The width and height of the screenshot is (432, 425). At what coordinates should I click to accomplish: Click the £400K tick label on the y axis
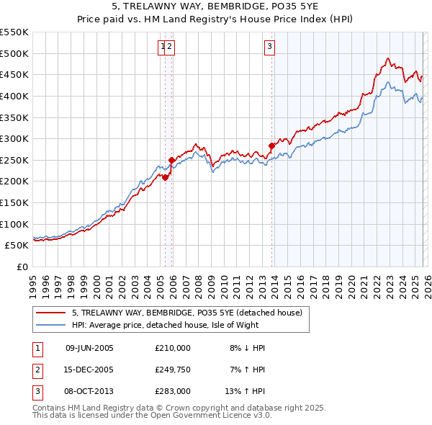15,96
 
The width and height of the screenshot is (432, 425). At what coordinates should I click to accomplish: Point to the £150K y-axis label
15,202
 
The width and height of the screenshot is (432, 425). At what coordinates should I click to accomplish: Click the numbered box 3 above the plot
269,47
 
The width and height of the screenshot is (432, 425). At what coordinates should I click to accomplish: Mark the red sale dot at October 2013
271,146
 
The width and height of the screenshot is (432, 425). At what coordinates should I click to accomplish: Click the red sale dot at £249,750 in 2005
171,160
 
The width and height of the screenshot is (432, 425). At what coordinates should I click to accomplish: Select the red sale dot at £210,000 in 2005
165,176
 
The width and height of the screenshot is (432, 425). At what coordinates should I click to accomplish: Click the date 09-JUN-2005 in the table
89,348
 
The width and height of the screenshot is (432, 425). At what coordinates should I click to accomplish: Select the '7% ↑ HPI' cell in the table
247,370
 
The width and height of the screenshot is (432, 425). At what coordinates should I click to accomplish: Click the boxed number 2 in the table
36,370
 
